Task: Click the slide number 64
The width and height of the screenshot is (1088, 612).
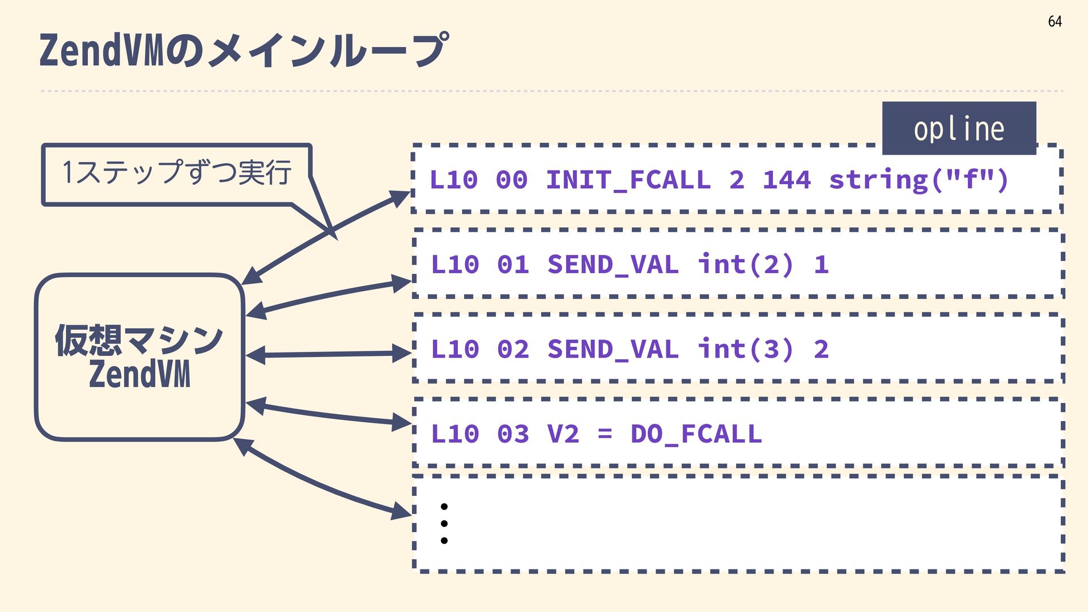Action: click(1055, 22)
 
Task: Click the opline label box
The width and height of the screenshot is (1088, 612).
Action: click(959, 129)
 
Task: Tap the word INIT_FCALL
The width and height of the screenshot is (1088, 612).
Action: click(628, 180)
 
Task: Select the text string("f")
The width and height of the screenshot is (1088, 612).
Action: click(919, 180)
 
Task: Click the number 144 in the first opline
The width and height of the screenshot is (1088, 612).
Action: click(787, 180)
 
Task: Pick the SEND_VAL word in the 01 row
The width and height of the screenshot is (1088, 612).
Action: click(613, 265)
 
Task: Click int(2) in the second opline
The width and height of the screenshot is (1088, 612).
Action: click(746, 265)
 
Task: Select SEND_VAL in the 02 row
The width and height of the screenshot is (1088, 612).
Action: click(613, 349)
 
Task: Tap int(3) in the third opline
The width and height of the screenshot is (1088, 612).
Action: click(746, 349)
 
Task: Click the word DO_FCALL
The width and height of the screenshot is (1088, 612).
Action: click(696, 434)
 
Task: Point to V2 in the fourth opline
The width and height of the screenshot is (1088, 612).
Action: click(563, 434)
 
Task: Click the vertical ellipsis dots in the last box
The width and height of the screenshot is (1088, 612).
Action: click(444, 524)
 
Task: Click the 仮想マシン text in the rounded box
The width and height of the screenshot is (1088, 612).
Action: click(139, 340)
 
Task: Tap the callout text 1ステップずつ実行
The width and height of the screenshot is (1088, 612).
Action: click(177, 172)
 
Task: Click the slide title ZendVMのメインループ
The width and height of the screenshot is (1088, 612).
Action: click(244, 50)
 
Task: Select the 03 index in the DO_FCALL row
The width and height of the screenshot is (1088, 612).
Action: click(513, 434)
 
